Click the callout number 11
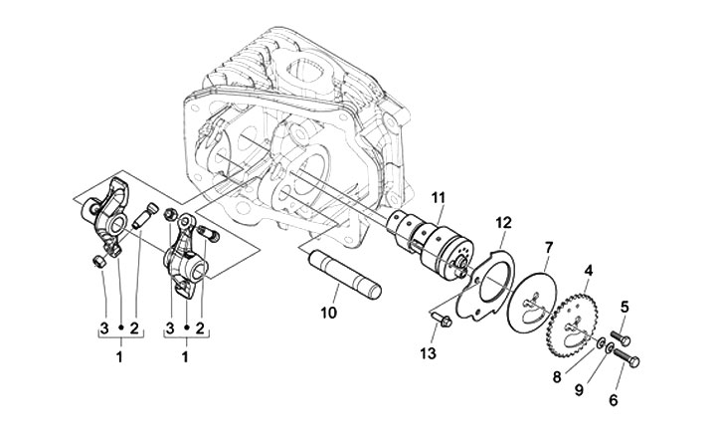click(x=438, y=198)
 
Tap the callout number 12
click(x=504, y=223)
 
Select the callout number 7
click(x=548, y=248)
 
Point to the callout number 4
click(x=589, y=271)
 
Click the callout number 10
click(x=625, y=307)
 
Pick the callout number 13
click(x=614, y=400)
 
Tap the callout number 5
click(x=557, y=377)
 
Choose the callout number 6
click(x=579, y=390)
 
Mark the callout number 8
click(x=328, y=313)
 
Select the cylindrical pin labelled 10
click(x=345, y=274)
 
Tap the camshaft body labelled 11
click(x=430, y=242)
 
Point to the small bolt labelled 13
click(x=442, y=320)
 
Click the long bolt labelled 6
click(x=626, y=356)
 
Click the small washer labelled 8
click(x=602, y=342)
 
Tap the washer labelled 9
click(x=610, y=349)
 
